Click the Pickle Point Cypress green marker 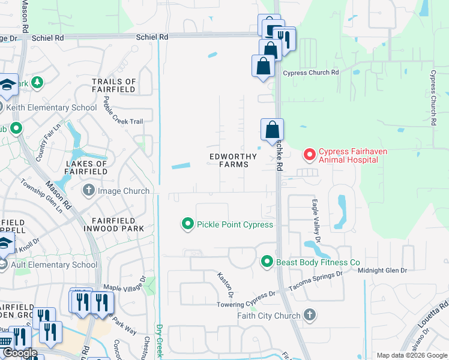(x=188, y=224)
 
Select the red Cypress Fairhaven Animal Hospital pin (x=310, y=155)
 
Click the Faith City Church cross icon (x=309, y=315)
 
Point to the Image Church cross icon (x=89, y=191)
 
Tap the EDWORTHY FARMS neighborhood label (x=233, y=160)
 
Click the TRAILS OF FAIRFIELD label (x=114, y=86)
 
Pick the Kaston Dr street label (x=225, y=284)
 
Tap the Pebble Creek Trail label (x=124, y=110)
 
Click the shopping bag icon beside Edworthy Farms (x=272, y=129)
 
